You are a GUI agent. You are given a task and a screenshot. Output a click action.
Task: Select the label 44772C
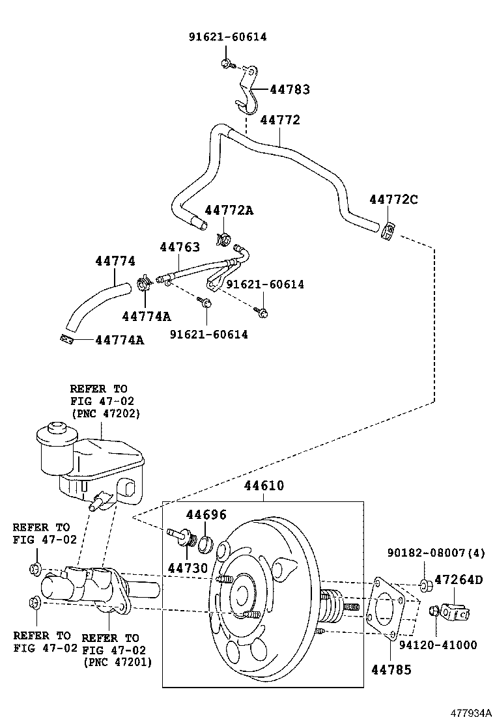[x=393, y=199]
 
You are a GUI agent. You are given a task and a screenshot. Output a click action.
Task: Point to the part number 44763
[x=180, y=247]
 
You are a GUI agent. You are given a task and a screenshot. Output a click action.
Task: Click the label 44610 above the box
[x=264, y=486]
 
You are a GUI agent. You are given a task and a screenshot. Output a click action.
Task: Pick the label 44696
[x=206, y=515]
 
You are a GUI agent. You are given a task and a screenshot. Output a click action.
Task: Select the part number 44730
[x=186, y=568]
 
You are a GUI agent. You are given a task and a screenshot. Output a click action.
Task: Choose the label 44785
[x=391, y=669]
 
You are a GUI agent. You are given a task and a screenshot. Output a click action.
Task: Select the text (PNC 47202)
[x=105, y=413]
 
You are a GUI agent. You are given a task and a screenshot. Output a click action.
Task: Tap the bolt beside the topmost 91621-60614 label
[x=225, y=63]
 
